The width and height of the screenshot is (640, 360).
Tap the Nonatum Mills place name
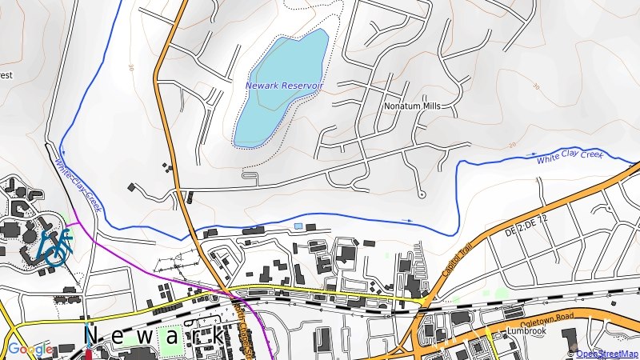point(412,106)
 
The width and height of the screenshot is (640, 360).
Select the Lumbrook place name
point(526,330)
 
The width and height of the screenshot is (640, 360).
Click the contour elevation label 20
point(512,145)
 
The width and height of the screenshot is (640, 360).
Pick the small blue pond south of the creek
point(298,226)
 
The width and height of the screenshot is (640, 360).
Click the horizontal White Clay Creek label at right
point(570,157)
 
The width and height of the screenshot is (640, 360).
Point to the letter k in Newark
point(217,335)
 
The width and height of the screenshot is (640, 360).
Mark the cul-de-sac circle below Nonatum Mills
point(422,194)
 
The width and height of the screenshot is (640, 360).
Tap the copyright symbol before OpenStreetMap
point(571,354)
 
